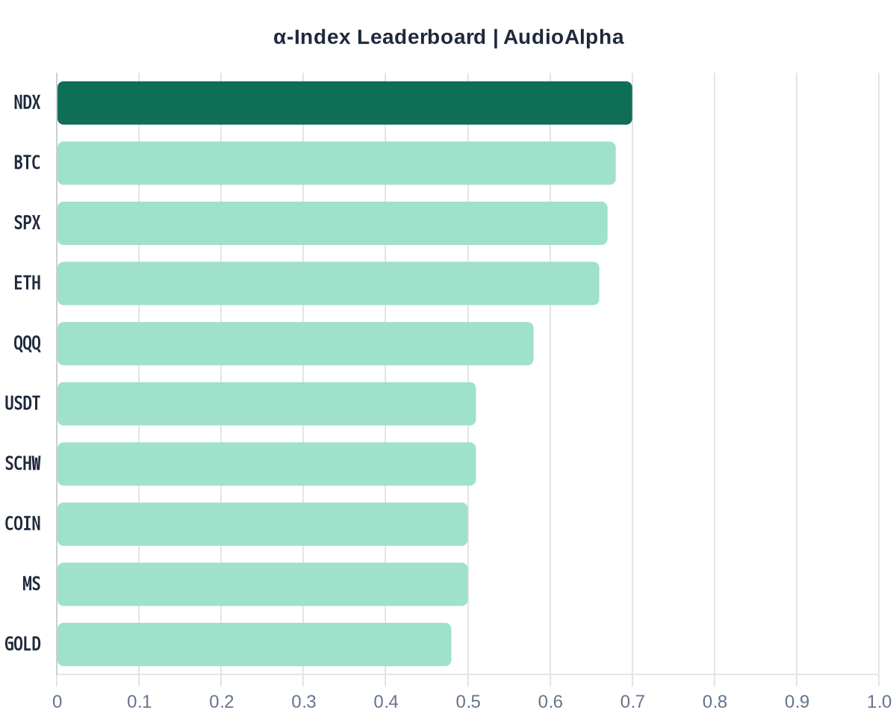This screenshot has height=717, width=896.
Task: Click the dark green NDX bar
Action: pos(344,103)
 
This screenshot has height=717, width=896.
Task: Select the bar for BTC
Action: pos(336,163)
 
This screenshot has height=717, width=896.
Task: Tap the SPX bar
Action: pos(332,223)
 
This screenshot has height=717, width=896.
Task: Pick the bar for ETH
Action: pos(328,283)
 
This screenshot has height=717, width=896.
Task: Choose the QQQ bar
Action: pos(295,344)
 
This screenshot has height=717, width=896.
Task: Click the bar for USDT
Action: pos(267,404)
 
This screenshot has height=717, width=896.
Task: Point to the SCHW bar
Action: pos(267,464)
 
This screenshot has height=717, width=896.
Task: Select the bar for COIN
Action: pos(262,524)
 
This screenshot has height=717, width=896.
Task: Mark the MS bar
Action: pos(262,584)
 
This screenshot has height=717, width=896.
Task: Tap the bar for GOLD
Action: pos(254,645)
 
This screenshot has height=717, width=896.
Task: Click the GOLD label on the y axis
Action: pos(22,645)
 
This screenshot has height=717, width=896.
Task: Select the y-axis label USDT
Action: pos(22,404)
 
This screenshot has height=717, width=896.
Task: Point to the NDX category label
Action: pos(27,103)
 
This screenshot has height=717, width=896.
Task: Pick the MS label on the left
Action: pos(31,584)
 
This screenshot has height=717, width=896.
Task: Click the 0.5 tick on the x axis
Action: pos(467,702)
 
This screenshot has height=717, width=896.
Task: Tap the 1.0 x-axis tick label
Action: pos(879,702)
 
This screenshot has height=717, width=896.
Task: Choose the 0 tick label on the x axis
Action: pos(57,702)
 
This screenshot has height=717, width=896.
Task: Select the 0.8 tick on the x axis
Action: pos(715,702)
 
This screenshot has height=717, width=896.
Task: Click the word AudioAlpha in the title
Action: pos(564,37)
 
